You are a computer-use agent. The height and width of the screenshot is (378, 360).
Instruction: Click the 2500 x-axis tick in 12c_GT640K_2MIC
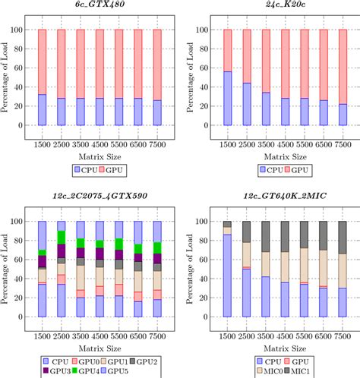pyautogui.click(x=245, y=333)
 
